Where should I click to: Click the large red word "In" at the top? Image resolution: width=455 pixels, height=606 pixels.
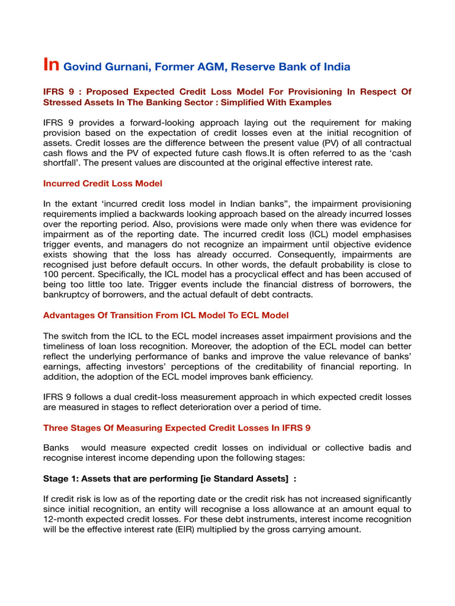[51, 65]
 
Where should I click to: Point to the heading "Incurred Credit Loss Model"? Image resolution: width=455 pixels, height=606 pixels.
[102, 184]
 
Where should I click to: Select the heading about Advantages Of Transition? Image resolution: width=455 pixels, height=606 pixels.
[166, 315]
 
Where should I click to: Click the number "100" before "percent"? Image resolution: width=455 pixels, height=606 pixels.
[51, 275]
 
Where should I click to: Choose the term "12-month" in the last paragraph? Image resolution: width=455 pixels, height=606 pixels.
[63, 520]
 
